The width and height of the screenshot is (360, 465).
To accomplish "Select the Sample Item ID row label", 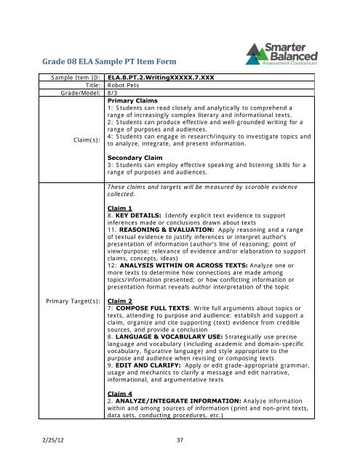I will tap(72, 76).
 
